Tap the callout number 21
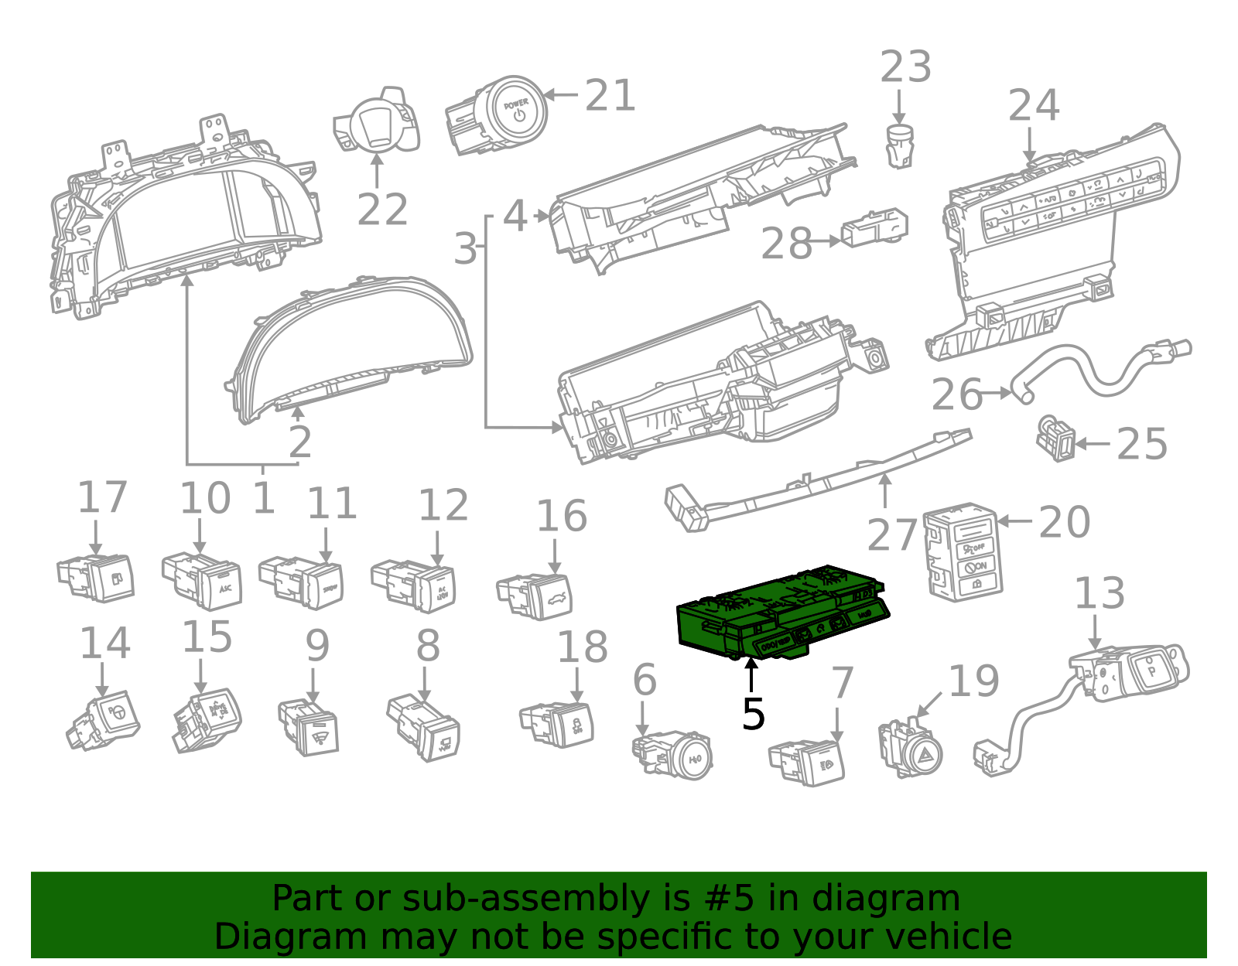(x=610, y=96)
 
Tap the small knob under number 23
(x=899, y=145)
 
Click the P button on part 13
(x=1151, y=671)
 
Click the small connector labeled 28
(x=875, y=227)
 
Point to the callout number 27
(x=891, y=535)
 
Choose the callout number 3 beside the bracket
(x=465, y=248)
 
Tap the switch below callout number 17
(x=101, y=579)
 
